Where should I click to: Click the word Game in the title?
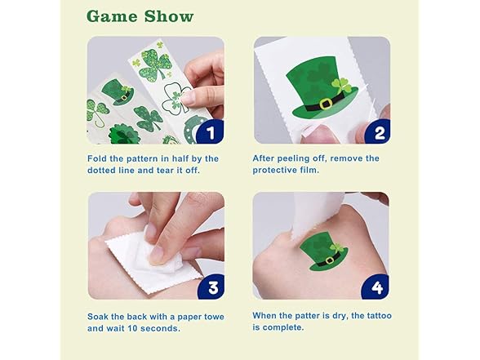click(113, 16)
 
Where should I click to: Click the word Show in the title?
click(169, 16)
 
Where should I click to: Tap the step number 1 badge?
click(211, 132)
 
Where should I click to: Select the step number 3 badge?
click(213, 287)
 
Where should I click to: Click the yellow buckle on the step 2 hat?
click(326, 104)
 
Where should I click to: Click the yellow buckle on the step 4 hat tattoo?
click(330, 260)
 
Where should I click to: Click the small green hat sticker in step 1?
click(118, 91)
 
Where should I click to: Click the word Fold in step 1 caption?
click(97, 158)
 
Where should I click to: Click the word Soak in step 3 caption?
click(97, 317)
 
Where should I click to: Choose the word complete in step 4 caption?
click(282, 327)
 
